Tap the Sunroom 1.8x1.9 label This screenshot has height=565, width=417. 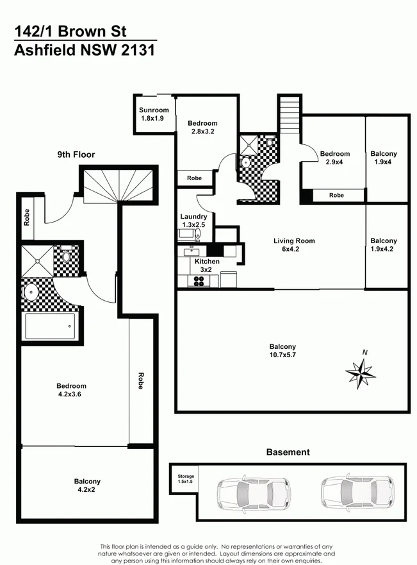click(154, 114)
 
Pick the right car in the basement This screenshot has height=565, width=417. click(357, 492)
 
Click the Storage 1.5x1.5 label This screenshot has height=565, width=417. click(186, 480)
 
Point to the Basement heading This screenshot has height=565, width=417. click(288, 452)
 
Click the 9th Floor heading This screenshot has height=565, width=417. click(76, 155)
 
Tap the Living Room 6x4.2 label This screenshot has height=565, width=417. click(294, 245)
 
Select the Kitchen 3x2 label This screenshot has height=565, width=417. click(206, 266)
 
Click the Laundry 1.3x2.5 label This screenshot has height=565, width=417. click(193, 221)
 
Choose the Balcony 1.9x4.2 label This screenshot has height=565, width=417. click(384, 245)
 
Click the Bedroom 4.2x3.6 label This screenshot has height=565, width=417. click(71, 390)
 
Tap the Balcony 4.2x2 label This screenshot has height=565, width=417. click(87, 485)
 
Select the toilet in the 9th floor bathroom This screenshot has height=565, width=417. click(66, 257)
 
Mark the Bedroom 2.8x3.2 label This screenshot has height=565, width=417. click(202, 127)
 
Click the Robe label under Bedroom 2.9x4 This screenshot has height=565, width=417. click(336, 195)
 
